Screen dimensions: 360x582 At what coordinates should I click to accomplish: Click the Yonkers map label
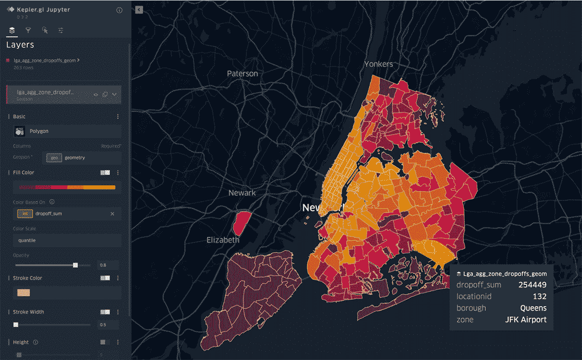point(379,64)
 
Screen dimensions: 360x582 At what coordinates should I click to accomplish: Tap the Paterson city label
point(242,74)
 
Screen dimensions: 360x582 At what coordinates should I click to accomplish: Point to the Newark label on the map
point(242,193)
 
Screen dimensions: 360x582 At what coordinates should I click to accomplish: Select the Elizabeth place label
point(223,240)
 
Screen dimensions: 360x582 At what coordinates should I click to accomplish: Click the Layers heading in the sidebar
point(20,45)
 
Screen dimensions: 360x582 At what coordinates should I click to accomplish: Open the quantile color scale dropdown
point(67,240)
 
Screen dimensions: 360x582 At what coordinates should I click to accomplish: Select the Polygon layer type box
point(67,131)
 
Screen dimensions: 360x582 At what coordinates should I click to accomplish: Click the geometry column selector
point(82,158)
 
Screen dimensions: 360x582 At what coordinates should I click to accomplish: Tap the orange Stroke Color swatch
point(24,293)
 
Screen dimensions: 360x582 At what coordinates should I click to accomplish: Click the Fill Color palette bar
point(67,187)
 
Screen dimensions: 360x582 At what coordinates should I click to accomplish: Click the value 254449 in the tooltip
point(533,285)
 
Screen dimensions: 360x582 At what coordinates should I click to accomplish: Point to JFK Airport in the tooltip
point(526,320)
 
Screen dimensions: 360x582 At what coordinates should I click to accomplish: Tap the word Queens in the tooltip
point(533,308)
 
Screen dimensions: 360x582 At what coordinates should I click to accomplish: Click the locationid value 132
point(540,296)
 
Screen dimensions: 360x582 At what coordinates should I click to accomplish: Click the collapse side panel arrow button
point(139,9)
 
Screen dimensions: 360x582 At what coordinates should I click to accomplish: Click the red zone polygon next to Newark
point(241,223)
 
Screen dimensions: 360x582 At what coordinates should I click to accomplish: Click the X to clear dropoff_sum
point(113,214)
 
